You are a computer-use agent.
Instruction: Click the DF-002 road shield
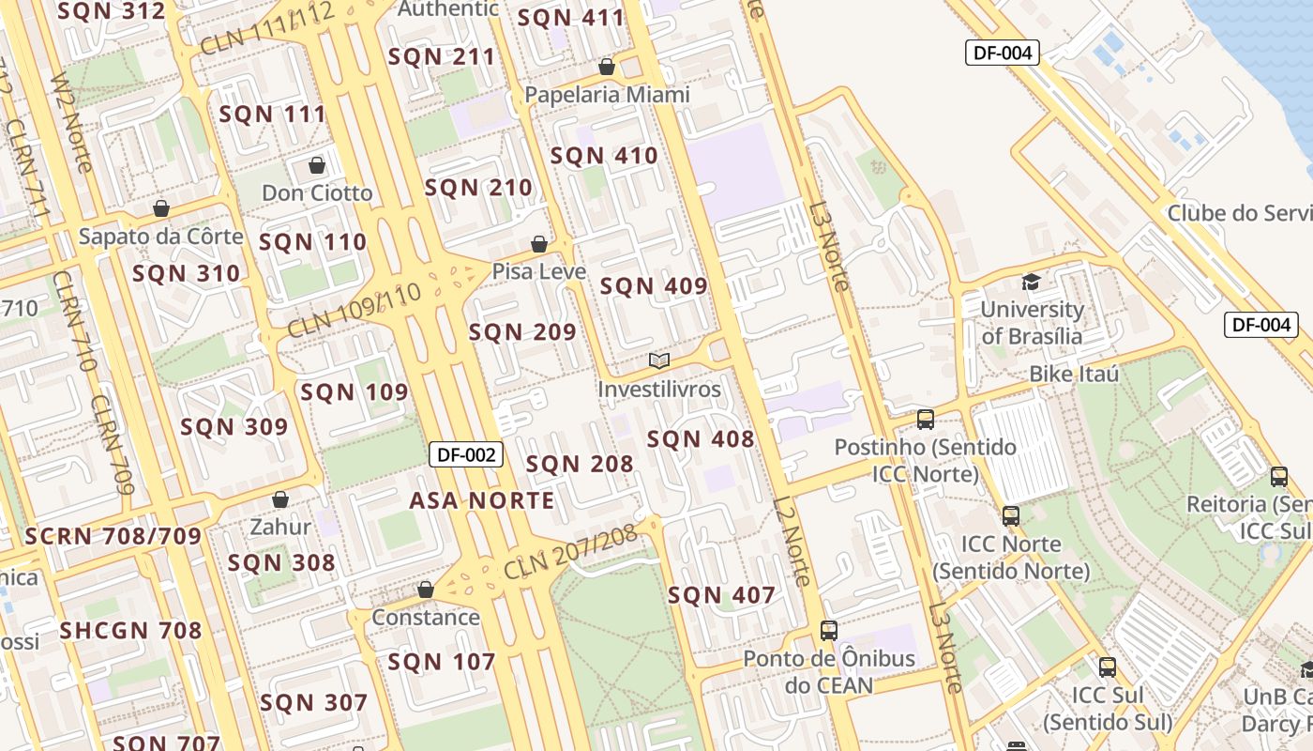click(x=466, y=455)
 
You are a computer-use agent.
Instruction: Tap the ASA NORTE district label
click(x=482, y=500)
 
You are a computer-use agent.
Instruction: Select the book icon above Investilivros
click(x=659, y=361)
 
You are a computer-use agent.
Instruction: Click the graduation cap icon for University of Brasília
click(x=1031, y=282)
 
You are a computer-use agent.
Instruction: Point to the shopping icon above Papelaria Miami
click(x=607, y=68)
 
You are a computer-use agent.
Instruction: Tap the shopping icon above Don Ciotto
click(x=317, y=166)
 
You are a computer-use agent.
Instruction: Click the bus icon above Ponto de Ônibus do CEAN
click(x=828, y=631)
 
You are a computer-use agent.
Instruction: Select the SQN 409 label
click(x=654, y=286)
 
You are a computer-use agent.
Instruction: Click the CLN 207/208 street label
click(x=570, y=552)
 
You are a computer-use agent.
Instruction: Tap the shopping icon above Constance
click(x=426, y=590)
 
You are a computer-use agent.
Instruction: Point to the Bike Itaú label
click(x=1074, y=375)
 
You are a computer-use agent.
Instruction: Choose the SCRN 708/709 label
click(x=113, y=537)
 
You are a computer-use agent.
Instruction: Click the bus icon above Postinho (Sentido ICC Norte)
click(x=926, y=420)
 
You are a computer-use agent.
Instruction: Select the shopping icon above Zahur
click(x=279, y=500)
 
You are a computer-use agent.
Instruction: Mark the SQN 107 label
click(x=442, y=662)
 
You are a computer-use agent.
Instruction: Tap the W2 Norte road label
click(x=72, y=122)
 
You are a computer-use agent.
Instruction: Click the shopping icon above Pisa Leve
click(x=539, y=245)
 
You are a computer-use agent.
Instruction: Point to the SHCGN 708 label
click(x=131, y=630)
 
